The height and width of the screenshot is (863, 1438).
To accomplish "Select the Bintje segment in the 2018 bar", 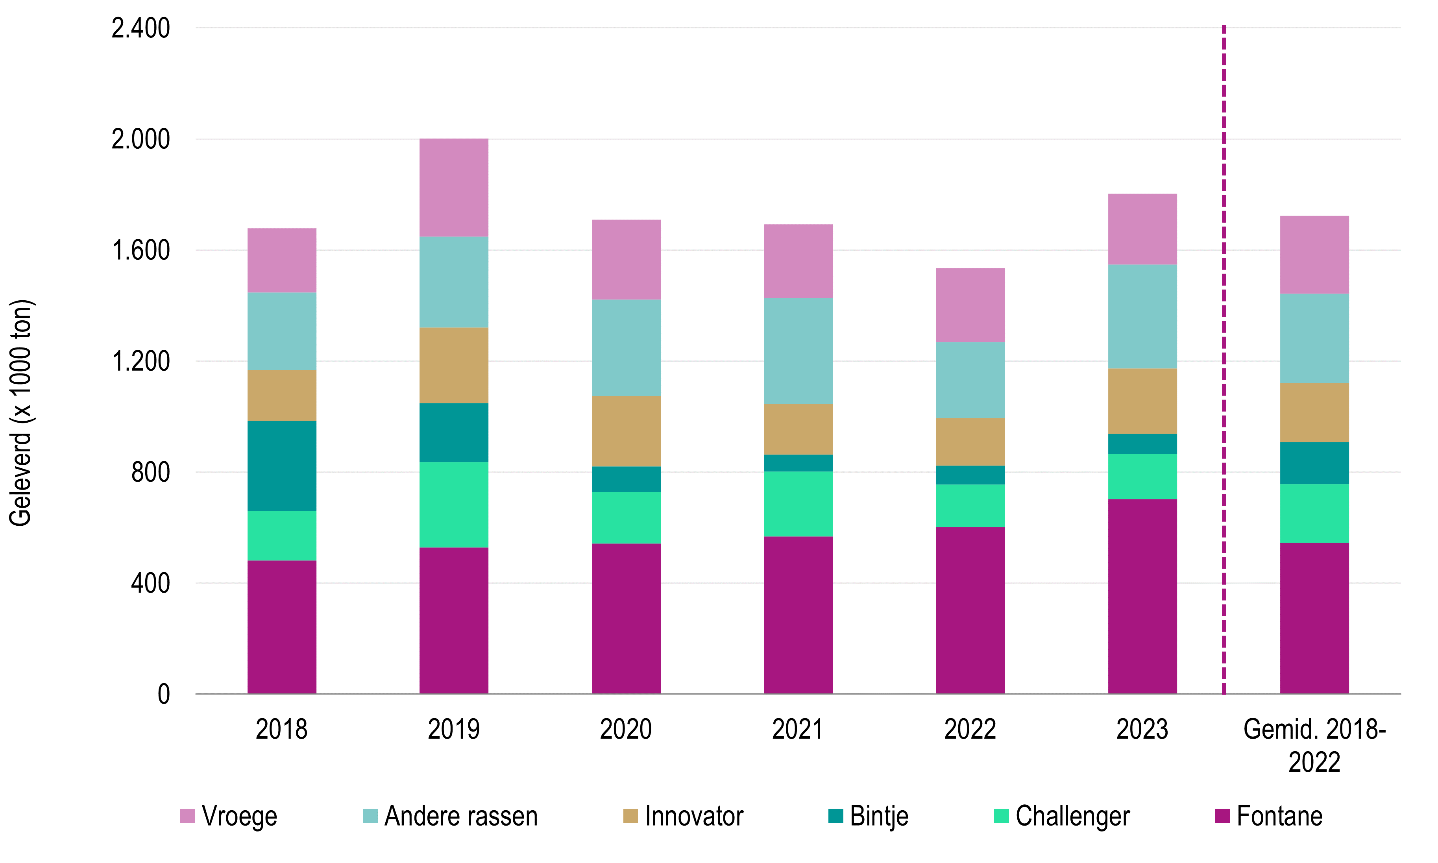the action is [x=282, y=466].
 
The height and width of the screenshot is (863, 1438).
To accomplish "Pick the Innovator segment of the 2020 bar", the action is [x=626, y=431].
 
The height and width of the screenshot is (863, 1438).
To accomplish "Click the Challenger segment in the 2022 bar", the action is [x=970, y=506].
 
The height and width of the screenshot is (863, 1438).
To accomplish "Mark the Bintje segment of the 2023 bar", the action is [x=1142, y=444].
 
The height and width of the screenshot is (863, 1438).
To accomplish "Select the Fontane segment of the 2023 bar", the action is [x=1142, y=597].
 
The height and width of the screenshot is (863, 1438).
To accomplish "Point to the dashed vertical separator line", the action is [x=1224, y=360].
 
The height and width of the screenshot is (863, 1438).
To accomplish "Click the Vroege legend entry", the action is [x=229, y=817].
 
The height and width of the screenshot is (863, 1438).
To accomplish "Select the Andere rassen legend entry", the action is [x=450, y=817].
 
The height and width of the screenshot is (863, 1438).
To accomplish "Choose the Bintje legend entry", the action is [x=868, y=817].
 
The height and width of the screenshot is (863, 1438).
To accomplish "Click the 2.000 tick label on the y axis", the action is [x=141, y=140].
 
